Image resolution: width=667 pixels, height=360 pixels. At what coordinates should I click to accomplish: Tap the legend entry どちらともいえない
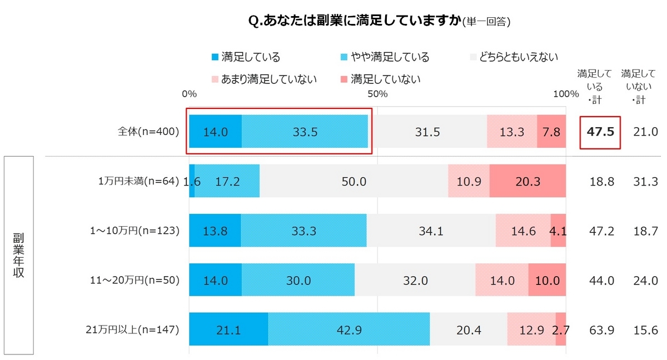[x=514, y=57]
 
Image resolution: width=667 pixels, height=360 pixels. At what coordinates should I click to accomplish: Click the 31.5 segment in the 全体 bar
[x=427, y=132]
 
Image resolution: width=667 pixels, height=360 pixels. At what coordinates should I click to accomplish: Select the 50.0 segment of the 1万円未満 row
[x=354, y=181]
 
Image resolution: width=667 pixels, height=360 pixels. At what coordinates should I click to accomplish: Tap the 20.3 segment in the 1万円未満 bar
[x=527, y=181]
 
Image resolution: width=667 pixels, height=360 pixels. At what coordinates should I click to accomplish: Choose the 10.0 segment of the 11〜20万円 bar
[x=547, y=281]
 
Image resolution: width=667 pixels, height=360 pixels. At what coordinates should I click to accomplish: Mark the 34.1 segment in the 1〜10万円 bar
[x=430, y=231]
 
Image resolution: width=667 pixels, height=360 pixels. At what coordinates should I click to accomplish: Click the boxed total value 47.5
[x=600, y=133]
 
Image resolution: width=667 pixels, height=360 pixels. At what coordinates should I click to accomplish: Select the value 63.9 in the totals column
[x=601, y=330]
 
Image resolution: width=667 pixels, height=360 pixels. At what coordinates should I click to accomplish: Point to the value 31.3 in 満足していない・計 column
[x=646, y=181]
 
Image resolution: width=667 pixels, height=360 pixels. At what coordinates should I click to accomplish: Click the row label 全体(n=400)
[x=148, y=132]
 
